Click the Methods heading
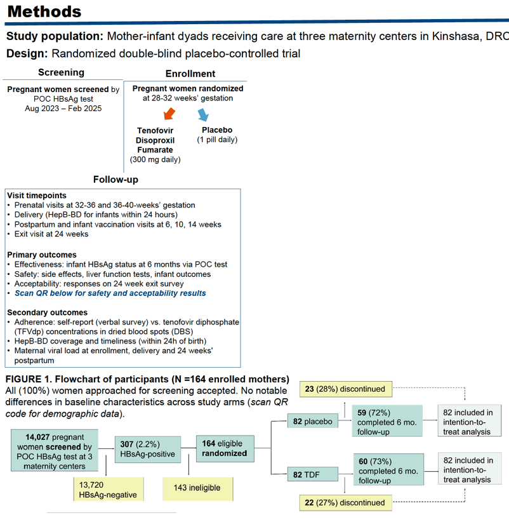[x=44, y=11]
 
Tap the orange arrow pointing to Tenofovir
[x=169, y=114]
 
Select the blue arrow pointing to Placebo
[x=203, y=115]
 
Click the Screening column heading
[x=61, y=72]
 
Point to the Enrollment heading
[x=190, y=74]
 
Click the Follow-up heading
[x=116, y=180]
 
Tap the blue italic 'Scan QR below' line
[x=110, y=293]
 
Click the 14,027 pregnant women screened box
[x=55, y=450]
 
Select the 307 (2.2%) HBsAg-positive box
[x=148, y=450]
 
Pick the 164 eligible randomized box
[x=225, y=448]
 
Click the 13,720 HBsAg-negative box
[x=109, y=489]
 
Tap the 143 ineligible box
[x=197, y=489]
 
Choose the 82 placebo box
[x=313, y=421]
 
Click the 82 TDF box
[x=313, y=474]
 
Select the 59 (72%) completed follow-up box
[x=387, y=421]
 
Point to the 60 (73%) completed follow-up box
[x=388, y=469]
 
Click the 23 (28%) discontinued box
[x=346, y=389]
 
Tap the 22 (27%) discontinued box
[x=346, y=503]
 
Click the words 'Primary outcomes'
[x=42, y=255]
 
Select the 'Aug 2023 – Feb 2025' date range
[x=63, y=109]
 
